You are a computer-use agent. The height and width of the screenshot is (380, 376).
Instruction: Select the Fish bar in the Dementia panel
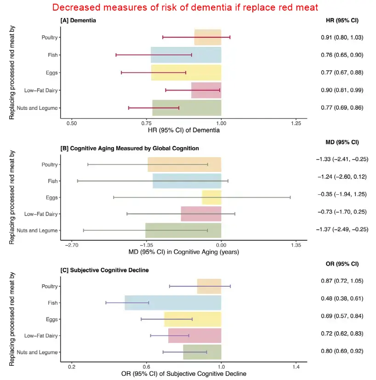pyautogui.click(x=186, y=55)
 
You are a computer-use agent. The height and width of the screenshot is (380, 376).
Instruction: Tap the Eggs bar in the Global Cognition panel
pyautogui.click(x=211, y=198)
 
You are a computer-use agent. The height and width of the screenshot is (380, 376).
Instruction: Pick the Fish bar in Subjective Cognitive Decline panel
pyautogui.click(x=173, y=303)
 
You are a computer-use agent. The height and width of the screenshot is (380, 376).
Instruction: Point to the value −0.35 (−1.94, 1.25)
pyautogui.click(x=342, y=194)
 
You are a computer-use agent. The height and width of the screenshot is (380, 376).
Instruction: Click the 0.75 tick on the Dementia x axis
pyautogui.click(x=147, y=123)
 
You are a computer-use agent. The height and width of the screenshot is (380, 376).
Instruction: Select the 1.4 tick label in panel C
pyautogui.click(x=296, y=367)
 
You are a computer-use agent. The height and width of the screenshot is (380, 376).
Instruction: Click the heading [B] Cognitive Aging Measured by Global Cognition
pyautogui.click(x=130, y=148)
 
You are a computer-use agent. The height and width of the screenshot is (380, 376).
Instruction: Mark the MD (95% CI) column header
pyautogui.click(x=342, y=142)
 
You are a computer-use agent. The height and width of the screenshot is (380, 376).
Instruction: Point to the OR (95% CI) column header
pyautogui.click(x=342, y=264)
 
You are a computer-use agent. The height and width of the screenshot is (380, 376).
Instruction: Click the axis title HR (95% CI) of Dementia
pyautogui.click(x=184, y=130)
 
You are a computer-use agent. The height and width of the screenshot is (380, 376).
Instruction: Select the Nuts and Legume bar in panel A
pyautogui.click(x=187, y=108)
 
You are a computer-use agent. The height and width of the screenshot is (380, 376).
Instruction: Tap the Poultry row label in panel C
pyautogui.click(x=49, y=286)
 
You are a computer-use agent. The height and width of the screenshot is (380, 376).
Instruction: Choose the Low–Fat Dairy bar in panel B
pyautogui.click(x=201, y=214)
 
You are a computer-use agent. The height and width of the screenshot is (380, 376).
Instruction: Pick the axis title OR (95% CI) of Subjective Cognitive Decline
pyautogui.click(x=184, y=374)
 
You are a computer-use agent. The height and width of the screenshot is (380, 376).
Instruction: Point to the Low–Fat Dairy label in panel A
pyautogui.click(x=41, y=91)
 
